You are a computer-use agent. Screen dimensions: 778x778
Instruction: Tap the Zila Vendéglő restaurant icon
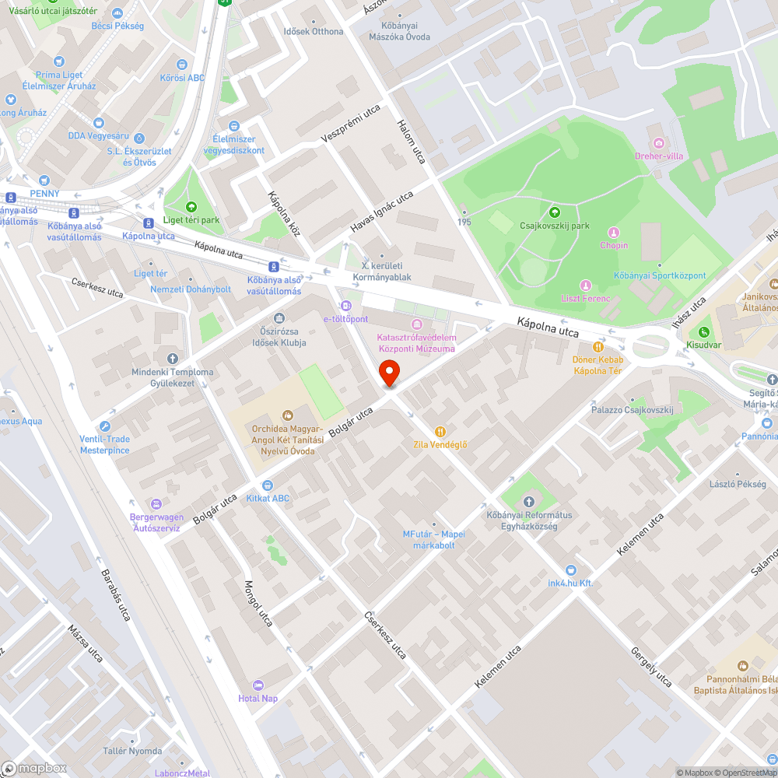440,431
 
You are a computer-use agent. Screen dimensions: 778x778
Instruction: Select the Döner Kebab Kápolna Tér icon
598,347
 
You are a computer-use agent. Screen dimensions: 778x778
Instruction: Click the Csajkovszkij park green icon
555,212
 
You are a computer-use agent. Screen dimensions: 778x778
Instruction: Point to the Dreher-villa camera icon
659,142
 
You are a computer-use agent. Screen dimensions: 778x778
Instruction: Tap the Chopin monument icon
614,233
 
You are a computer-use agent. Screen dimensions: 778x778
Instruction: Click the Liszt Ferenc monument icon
586,285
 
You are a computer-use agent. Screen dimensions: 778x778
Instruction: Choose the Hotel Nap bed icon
258,685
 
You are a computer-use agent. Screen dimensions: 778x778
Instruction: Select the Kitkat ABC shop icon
268,485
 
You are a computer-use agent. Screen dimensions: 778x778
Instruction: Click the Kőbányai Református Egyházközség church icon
529,501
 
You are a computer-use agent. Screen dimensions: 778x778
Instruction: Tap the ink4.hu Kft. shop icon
570,569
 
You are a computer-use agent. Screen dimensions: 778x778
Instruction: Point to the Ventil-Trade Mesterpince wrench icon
105,426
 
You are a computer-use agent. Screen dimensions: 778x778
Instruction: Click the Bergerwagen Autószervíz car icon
156,504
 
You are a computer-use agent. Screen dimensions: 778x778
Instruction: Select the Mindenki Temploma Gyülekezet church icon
172,358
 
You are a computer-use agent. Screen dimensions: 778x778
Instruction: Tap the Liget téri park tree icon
191,206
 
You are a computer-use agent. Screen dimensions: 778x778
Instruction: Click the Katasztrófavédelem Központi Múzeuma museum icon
416,324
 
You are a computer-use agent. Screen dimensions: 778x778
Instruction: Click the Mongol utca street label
259,604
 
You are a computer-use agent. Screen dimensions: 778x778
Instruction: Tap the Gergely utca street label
651,667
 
